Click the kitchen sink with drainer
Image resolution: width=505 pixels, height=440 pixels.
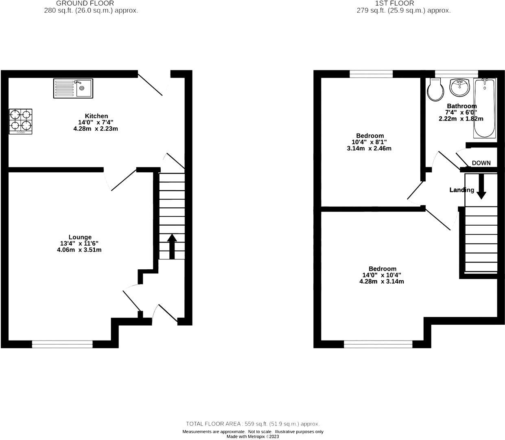(73, 88)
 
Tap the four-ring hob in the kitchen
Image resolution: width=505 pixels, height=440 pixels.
(20, 121)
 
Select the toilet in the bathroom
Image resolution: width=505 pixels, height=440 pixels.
(436, 89)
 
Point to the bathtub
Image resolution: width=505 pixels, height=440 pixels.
(484, 108)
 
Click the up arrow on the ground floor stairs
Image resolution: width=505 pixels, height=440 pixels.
(172, 246)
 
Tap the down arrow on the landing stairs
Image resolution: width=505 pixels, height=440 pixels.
(481, 187)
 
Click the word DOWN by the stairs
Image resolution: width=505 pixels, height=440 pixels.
(481, 163)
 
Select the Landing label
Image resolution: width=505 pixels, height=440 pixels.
(461, 190)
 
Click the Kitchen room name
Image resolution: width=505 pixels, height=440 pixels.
(96, 116)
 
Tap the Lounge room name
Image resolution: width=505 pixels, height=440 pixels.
(80, 237)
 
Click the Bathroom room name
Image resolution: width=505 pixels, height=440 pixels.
(461, 106)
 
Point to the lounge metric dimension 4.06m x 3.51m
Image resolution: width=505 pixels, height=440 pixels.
(79, 250)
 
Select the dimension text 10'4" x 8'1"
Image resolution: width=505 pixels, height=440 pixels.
(369, 142)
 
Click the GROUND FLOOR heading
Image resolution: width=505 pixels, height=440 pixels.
(91, 3)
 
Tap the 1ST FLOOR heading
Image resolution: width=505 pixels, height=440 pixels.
(404, 3)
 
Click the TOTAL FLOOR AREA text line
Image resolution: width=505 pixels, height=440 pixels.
(253, 424)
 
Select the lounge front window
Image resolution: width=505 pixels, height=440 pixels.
(62, 344)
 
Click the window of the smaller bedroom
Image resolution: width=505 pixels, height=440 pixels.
(371, 74)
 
